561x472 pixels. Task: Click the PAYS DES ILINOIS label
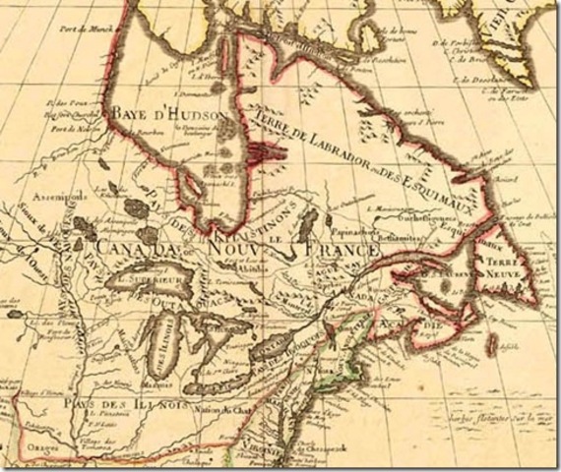[98, 403]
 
